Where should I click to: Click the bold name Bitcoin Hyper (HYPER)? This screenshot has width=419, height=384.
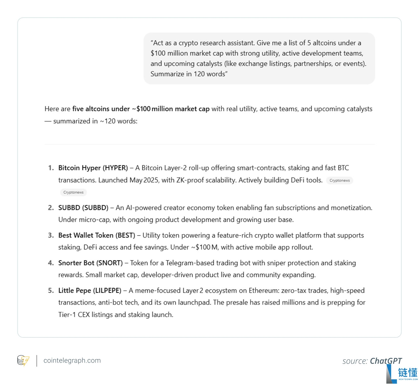tap(93, 168)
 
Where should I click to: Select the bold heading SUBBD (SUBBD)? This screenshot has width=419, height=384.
tap(83, 208)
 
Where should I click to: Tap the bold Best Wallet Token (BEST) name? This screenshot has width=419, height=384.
tap(97, 235)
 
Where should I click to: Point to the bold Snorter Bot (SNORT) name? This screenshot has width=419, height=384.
tap(90, 263)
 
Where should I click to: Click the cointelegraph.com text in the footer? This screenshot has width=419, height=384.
tap(72, 361)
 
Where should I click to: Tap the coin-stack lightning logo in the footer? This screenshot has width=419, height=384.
tap(23, 361)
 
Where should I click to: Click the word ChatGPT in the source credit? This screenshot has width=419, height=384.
tap(386, 361)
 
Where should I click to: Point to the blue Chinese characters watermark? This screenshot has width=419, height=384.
tap(408, 372)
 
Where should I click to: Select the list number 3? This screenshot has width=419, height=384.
tap(51, 235)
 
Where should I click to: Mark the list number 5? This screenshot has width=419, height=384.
tap(51, 290)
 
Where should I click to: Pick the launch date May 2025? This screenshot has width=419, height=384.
tap(144, 180)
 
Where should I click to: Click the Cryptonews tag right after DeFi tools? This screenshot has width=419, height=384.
tap(340, 181)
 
